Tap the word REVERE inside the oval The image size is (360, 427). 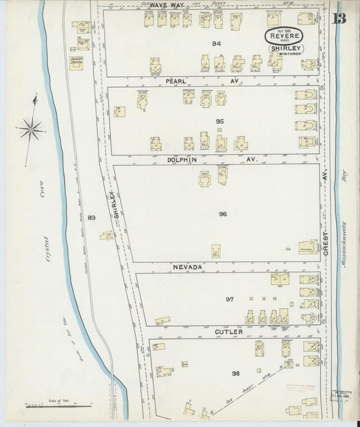click(283, 35)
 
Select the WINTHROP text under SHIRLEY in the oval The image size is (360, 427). click(289, 55)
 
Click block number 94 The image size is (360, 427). click(216, 44)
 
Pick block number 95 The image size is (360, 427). click(219, 122)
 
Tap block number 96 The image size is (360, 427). click(222, 214)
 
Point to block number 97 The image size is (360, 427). click(229, 299)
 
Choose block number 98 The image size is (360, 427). click(236, 373)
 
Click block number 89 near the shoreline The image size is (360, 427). click(92, 217)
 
